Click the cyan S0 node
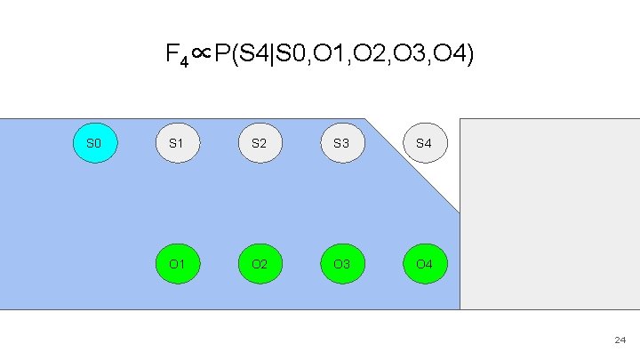click(x=93, y=143)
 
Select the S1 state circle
click(x=176, y=143)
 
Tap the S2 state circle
click(x=259, y=143)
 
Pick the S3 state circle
click(x=341, y=143)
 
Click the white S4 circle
click(x=424, y=143)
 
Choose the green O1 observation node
click(x=176, y=264)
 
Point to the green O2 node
click(x=259, y=264)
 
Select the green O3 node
click(x=341, y=264)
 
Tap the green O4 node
click(x=424, y=264)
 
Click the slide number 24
click(x=620, y=340)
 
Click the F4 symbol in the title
click(x=175, y=57)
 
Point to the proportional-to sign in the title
click(x=200, y=56)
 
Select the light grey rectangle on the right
click(x=549, y=213)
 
